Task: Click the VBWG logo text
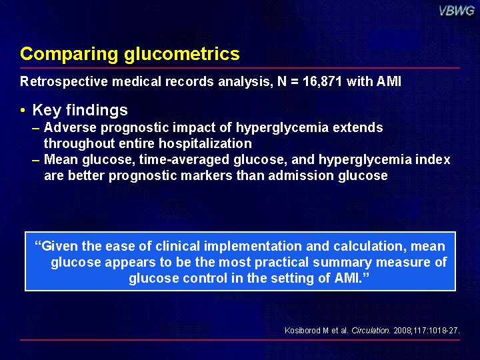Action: [457, 11]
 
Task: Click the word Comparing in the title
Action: [69, 55]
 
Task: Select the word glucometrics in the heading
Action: [182, 53]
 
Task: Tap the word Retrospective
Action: [64, 82]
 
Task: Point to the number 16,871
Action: [322, 82]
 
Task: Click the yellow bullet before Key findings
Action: [23, 110]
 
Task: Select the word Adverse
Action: [70, 127]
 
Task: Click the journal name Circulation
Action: [371, 331]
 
